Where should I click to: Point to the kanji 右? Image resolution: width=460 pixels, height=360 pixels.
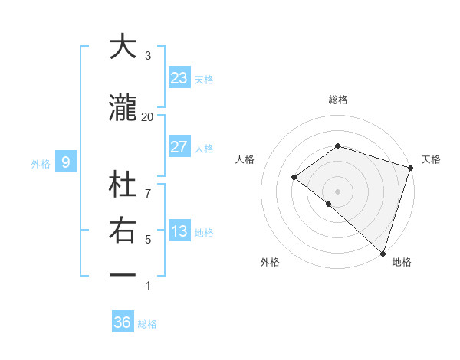click(x=123, y=230)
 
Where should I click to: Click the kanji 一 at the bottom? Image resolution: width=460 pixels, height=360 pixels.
click(x=123, y=274)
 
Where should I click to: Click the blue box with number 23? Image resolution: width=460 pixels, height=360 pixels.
click(x=179, y=78)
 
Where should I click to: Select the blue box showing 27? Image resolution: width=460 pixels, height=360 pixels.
click(x=179, y=147)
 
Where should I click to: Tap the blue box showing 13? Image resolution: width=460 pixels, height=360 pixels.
click(x=179, y=232)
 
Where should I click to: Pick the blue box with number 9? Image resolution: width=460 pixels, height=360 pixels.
click(x=66, y=162)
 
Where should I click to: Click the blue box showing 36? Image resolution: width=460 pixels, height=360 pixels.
click(x=122, y=322)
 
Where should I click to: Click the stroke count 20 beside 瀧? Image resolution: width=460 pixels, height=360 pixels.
click(x=147, y=116)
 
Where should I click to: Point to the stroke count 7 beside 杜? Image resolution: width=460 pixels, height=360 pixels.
click(x=148, y=185)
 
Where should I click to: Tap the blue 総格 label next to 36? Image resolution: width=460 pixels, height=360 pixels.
click(x=147, y=324)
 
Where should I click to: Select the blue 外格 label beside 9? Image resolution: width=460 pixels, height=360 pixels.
click(x=41, y=163)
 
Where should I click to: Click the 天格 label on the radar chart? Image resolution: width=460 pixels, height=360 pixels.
click(x=431, y=159)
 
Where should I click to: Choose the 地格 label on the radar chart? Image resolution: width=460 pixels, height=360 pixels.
click(x=402, y=262)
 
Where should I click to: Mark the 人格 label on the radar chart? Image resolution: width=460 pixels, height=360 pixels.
click(x=245, y=159)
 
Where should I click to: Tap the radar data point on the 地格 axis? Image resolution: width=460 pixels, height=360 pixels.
click(x=383, y=253)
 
